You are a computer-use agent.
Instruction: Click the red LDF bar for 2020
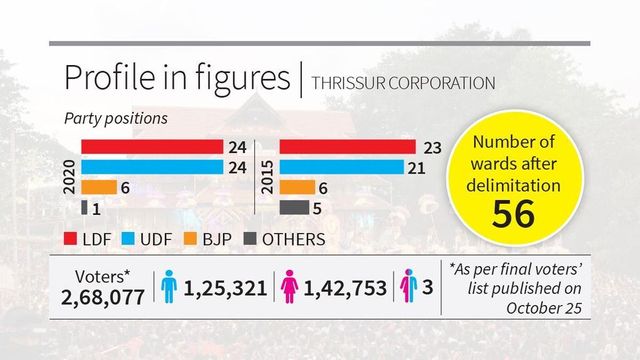click(151, 146)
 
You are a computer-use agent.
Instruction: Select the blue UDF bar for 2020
click(151, 166)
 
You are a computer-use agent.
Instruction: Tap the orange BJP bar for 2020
click(98, 187)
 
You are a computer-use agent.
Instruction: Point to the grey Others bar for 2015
click(293, 207)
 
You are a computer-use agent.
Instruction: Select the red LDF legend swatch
click(71, 239)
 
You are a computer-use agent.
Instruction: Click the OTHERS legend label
click(293, 239)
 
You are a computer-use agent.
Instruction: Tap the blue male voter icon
click(169, 288)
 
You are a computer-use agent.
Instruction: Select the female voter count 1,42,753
click(346, 288)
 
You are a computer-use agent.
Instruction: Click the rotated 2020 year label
click(67, 176)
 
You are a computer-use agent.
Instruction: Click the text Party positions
click(115, 117)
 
